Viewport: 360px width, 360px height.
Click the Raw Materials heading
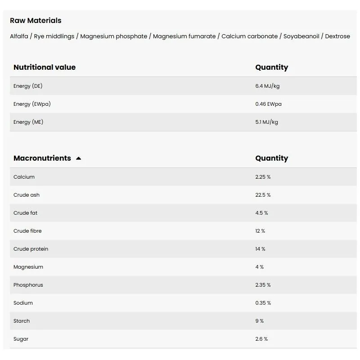coord(36,20)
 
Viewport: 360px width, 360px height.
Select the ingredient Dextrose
coord(337,36)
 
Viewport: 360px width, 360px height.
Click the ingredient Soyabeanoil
coord(301,36)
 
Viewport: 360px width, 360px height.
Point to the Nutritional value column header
coord(45,67)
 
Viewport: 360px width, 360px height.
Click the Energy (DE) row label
coord(28,86)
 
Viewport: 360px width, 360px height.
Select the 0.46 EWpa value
coord(268,104)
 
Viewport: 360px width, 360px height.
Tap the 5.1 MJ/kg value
coord(266,122)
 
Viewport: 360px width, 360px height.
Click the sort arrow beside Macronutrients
coord(79,158)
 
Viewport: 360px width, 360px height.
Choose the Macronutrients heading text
coord(42,158)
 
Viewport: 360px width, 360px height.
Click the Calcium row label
coord(24,177)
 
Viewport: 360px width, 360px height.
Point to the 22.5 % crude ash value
coord(263,195)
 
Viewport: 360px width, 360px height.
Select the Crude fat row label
coord(25,213)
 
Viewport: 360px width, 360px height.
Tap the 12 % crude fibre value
coord(260,231)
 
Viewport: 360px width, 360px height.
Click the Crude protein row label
coord(31,249)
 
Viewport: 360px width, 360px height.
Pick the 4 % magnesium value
coord(259,267)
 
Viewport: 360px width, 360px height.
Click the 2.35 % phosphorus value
coord(263,285)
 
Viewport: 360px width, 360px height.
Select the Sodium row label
coord(23,303)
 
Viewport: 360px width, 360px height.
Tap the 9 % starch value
coord(259,321)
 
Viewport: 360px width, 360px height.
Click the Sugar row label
coord(21,339)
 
